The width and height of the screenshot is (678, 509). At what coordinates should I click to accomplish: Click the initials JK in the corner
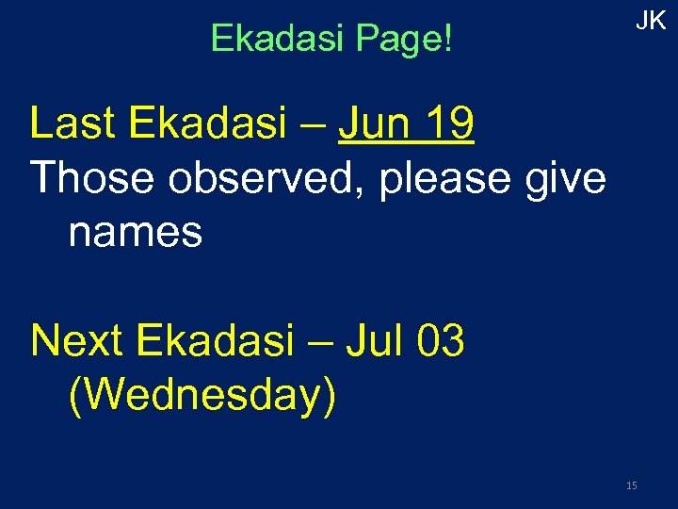tap(651, 22)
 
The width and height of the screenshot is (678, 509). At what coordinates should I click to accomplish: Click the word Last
tap(70, 123)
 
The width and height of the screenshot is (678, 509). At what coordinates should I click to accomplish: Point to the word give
tap(568, 179)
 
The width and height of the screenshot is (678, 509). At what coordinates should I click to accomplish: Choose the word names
tap(136, 232)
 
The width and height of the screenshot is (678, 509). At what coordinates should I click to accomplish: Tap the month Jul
tap(373, 341)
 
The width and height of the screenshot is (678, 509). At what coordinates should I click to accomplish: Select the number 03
tap(439, 341)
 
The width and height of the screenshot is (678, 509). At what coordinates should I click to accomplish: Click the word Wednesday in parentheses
tap(202, 396)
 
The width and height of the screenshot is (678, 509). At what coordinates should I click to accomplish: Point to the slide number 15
tap(631, 485)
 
